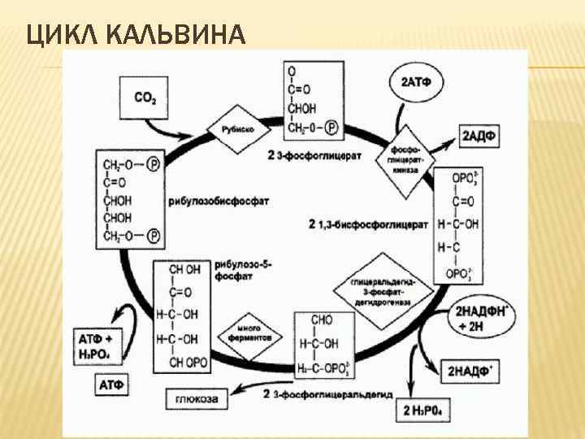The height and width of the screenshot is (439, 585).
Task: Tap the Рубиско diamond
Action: pyautogui.click(x=232, y=128)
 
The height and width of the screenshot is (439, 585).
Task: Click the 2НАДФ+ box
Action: pyautogui.click(x=470, y=371)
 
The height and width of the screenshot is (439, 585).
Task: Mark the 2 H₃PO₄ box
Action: pyautogui.click(x=426, y=409)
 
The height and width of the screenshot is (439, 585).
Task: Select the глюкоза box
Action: pyautogui.click(x=197, y=398)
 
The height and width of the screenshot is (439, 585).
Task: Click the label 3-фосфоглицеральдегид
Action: pyautogui.click(x=325, y=394)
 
